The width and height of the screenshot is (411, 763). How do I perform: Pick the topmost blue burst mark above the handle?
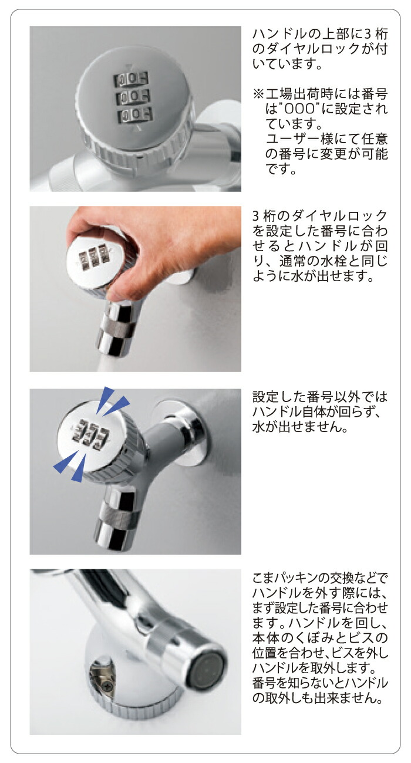tap(107, 396)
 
